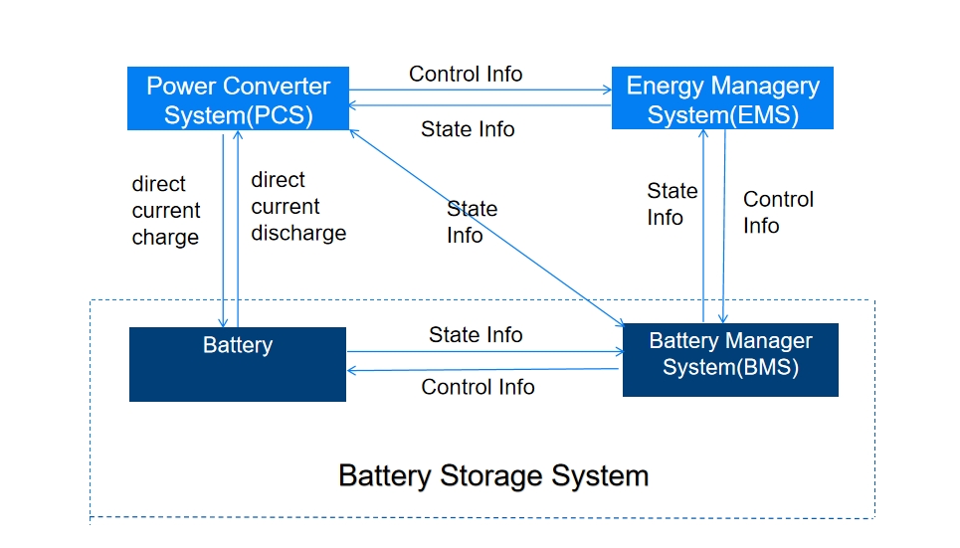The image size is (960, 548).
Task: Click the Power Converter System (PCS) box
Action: (x=238, y=98)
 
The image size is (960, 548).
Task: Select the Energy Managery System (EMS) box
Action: (x=722, y=98)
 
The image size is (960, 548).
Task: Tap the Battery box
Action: (x=238, y=364)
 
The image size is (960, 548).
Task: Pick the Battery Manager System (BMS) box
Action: (x=730, y=359)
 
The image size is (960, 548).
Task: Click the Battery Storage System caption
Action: (x=493, y=475)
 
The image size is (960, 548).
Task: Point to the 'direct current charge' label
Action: (x=166, y=211)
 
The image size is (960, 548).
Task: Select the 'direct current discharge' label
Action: (x=298, y=207)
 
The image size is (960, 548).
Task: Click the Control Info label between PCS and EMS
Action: (x=466, y=75)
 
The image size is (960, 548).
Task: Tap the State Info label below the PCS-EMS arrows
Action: (x=468, y=129)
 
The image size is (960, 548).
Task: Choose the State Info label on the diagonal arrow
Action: (x=471, y=222)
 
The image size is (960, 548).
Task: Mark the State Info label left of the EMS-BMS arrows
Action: (x=672, y=204)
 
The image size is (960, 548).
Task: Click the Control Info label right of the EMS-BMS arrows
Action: (x=777, y=212)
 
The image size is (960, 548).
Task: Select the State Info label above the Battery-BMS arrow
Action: (x=476, y=335)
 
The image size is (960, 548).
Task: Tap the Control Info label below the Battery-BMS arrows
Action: (x=478, y=387)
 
